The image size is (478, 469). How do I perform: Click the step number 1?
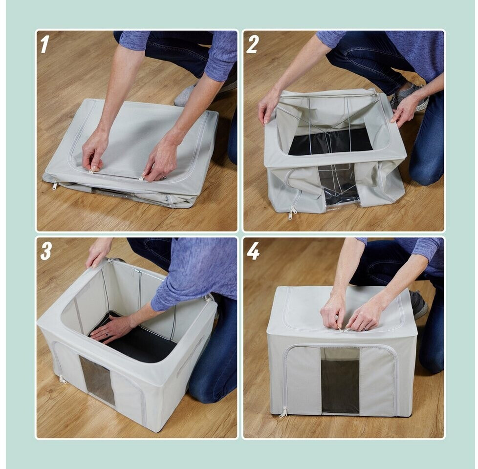tap(44, 44)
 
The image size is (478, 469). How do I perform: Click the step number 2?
tap(252, 44)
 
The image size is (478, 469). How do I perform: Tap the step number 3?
tap(46, 251)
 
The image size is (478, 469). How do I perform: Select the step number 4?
tap(253, 251)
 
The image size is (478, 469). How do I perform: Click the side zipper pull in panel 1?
tap(55, 185)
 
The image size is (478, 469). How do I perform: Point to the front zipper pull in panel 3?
tap(63, 380)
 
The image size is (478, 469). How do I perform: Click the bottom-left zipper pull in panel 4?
tap(283, 412)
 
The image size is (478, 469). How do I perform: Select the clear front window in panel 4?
tap(341, 381)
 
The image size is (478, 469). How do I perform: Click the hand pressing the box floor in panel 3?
tap(108, 328)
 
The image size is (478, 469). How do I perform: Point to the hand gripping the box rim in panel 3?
tap(97, 253)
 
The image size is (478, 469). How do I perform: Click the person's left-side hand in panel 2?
tap(267, 107)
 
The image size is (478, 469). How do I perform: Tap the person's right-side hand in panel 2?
tap(404, 110)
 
